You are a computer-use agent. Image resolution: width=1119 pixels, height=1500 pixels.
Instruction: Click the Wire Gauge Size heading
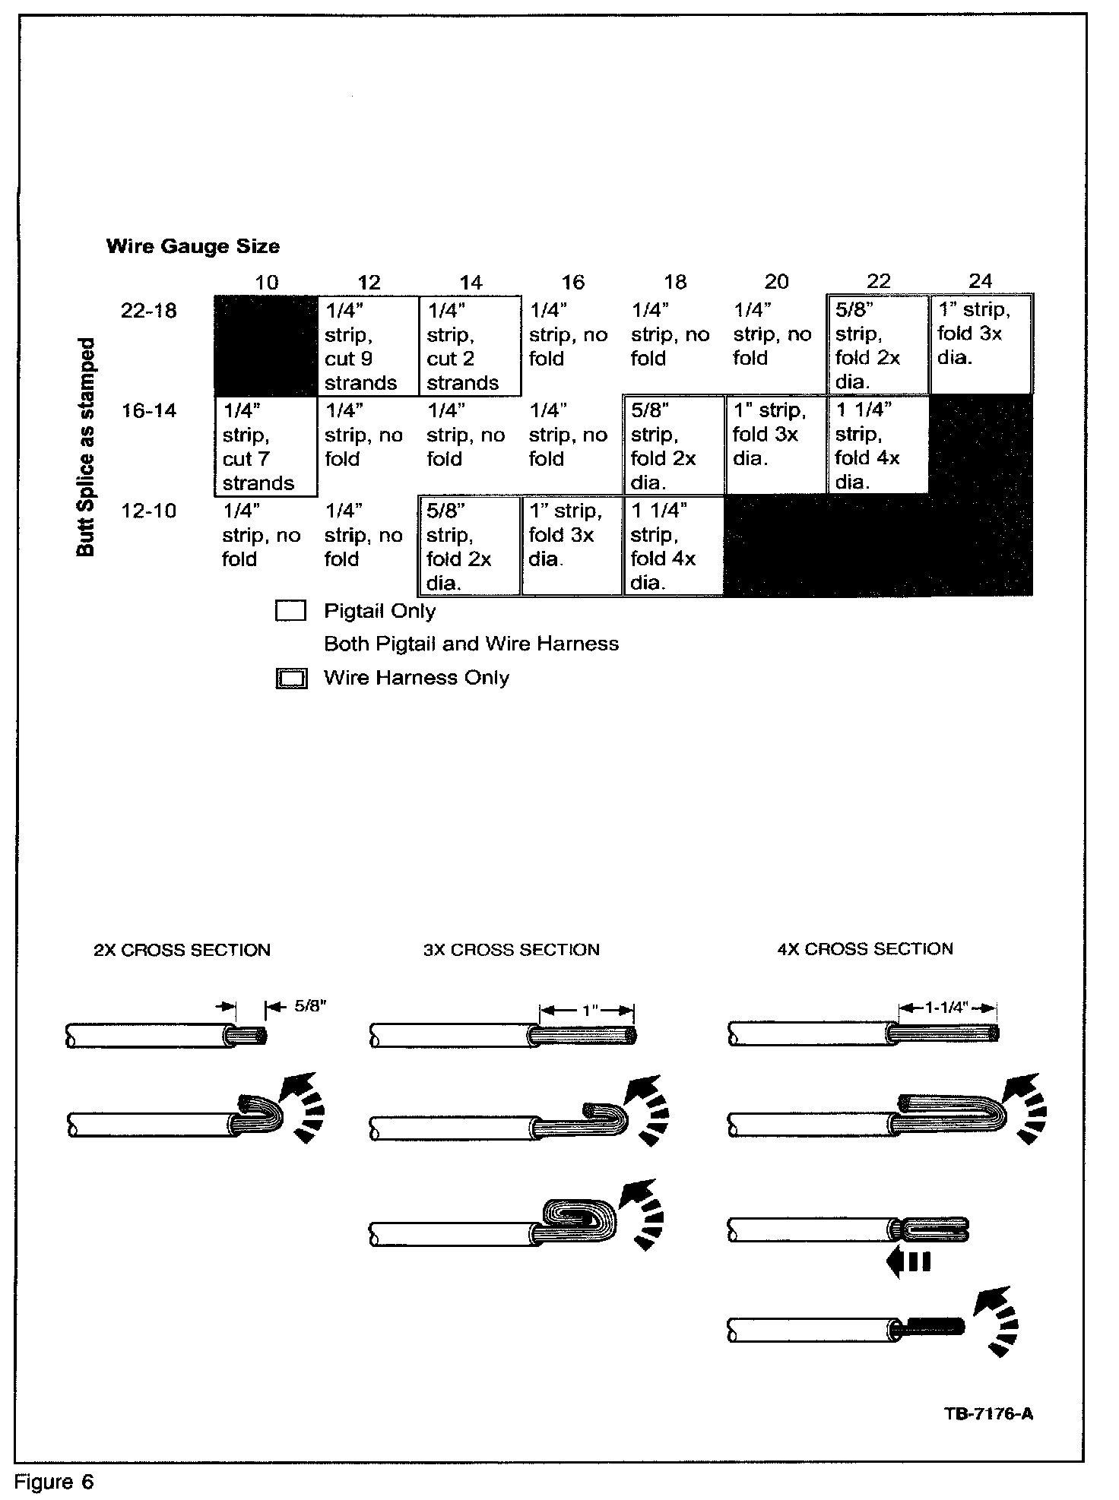193,246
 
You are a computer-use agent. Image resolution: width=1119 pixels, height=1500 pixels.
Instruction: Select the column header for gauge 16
572,282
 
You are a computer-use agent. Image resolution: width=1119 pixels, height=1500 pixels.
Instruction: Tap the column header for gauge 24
980,281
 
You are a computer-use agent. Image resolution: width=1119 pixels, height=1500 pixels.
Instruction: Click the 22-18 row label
149,311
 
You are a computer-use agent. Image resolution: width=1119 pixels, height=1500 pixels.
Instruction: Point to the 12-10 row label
149,511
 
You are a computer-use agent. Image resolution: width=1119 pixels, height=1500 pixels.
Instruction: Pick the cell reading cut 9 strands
368,346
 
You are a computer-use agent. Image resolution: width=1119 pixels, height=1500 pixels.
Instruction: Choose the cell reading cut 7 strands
265,446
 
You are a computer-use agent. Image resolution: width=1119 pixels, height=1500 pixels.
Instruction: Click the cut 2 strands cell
470,346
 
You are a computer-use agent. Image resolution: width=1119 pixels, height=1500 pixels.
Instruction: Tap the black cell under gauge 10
265,346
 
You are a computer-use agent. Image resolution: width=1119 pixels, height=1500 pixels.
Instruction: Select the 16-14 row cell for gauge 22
877,446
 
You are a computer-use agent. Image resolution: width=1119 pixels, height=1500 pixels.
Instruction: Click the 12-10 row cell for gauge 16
572,546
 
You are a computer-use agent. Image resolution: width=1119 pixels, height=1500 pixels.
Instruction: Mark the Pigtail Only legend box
290,612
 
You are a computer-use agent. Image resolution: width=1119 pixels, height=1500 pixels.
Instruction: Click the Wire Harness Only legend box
291,679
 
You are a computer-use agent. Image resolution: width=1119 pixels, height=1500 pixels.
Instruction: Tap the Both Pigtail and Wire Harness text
471,644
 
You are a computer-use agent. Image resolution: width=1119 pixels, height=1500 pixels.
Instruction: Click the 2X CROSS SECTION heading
182,950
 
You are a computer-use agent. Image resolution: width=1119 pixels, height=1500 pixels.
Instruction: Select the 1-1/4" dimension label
946,1008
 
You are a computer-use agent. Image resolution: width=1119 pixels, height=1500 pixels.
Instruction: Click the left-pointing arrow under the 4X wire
908,1263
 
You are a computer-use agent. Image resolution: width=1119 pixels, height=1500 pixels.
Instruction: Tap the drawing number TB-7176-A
988,1413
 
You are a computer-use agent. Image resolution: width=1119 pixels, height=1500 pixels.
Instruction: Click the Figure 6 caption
55,1482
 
